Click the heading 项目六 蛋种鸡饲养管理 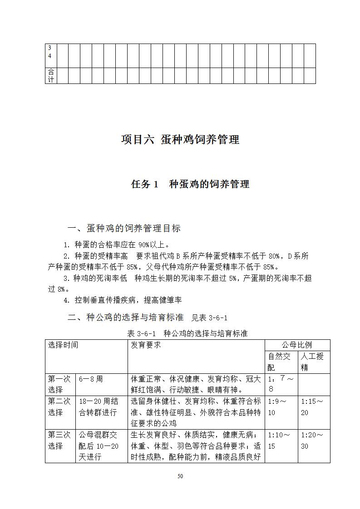tap(180, 140)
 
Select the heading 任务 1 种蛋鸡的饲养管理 tap(190, 184)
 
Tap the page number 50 tap(180, 476)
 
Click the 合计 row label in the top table tap(51, 76)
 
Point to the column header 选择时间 tap(63, 345)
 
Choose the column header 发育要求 tap(146, 345)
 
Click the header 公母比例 tap(297, 345)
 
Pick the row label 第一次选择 tap(59, 384)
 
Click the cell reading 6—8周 tap(91, 379)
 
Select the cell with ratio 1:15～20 tap(312, 407)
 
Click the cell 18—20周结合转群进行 tap(99, 407)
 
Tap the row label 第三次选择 tap(59, 440)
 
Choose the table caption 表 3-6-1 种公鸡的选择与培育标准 tap(187, 333)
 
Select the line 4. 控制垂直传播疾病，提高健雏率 tap(123, 300)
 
